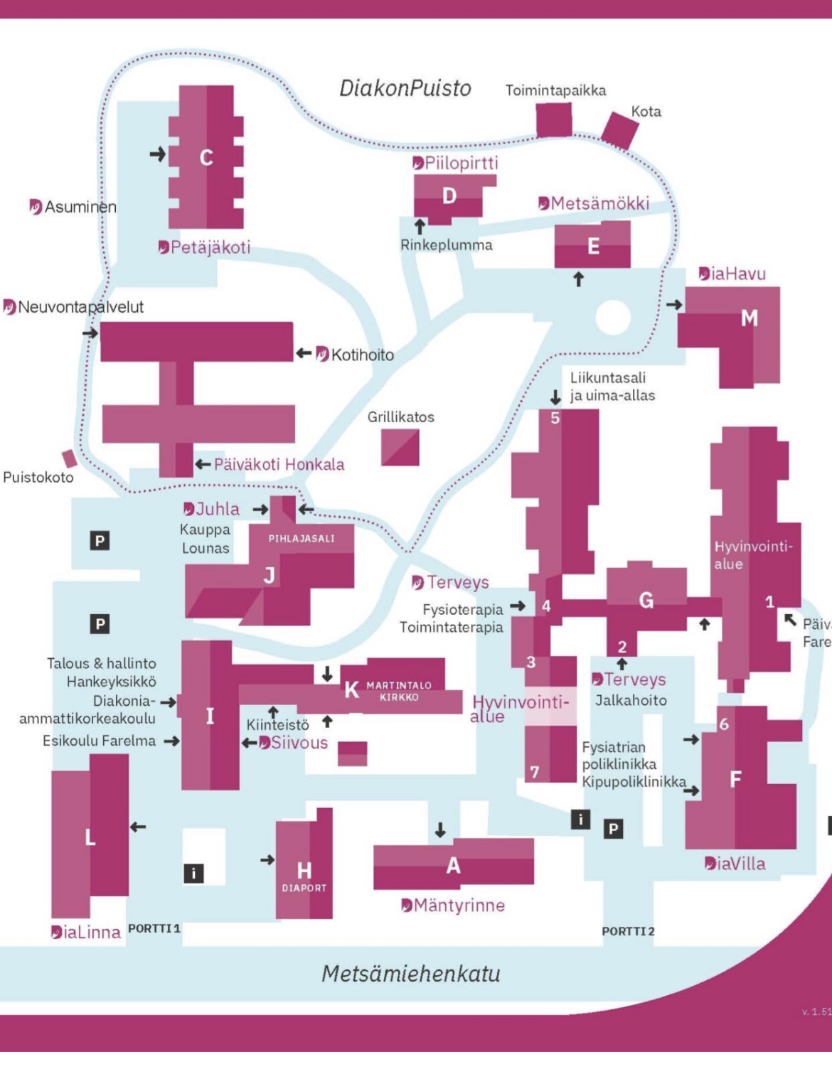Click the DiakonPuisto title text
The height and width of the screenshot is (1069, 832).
click(405, 88)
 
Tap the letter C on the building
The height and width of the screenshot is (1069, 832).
click(206, 157)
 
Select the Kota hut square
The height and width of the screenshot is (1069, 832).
click(620, 130)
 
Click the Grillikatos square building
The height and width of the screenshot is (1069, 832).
click(400, 448)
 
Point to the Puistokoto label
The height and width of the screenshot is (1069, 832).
click(38, 477)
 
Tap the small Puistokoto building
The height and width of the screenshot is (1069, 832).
click(70, 458)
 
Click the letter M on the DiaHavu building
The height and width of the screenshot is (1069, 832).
click(750, 318)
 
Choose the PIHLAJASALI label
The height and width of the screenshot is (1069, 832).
click(302, 539)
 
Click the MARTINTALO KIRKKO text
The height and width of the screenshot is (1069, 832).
click(399, 691)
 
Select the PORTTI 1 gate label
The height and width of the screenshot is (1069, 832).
click(154, 928)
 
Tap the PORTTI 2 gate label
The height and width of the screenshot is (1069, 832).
click(628, 931)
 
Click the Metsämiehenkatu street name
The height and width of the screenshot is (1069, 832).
click(411, 974)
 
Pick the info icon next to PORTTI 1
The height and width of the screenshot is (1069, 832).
click(193, 873)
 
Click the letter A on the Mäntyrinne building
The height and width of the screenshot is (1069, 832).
click(453, 866)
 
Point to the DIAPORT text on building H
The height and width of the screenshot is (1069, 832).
click(304, 888)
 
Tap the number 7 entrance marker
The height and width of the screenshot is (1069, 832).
click(535, 772)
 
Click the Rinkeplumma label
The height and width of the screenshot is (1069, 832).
click(446, 245)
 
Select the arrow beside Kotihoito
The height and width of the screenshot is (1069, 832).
click(303, 353)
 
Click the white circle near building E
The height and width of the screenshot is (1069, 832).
click(613, 317)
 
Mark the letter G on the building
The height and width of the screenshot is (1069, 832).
click(646, 601)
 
